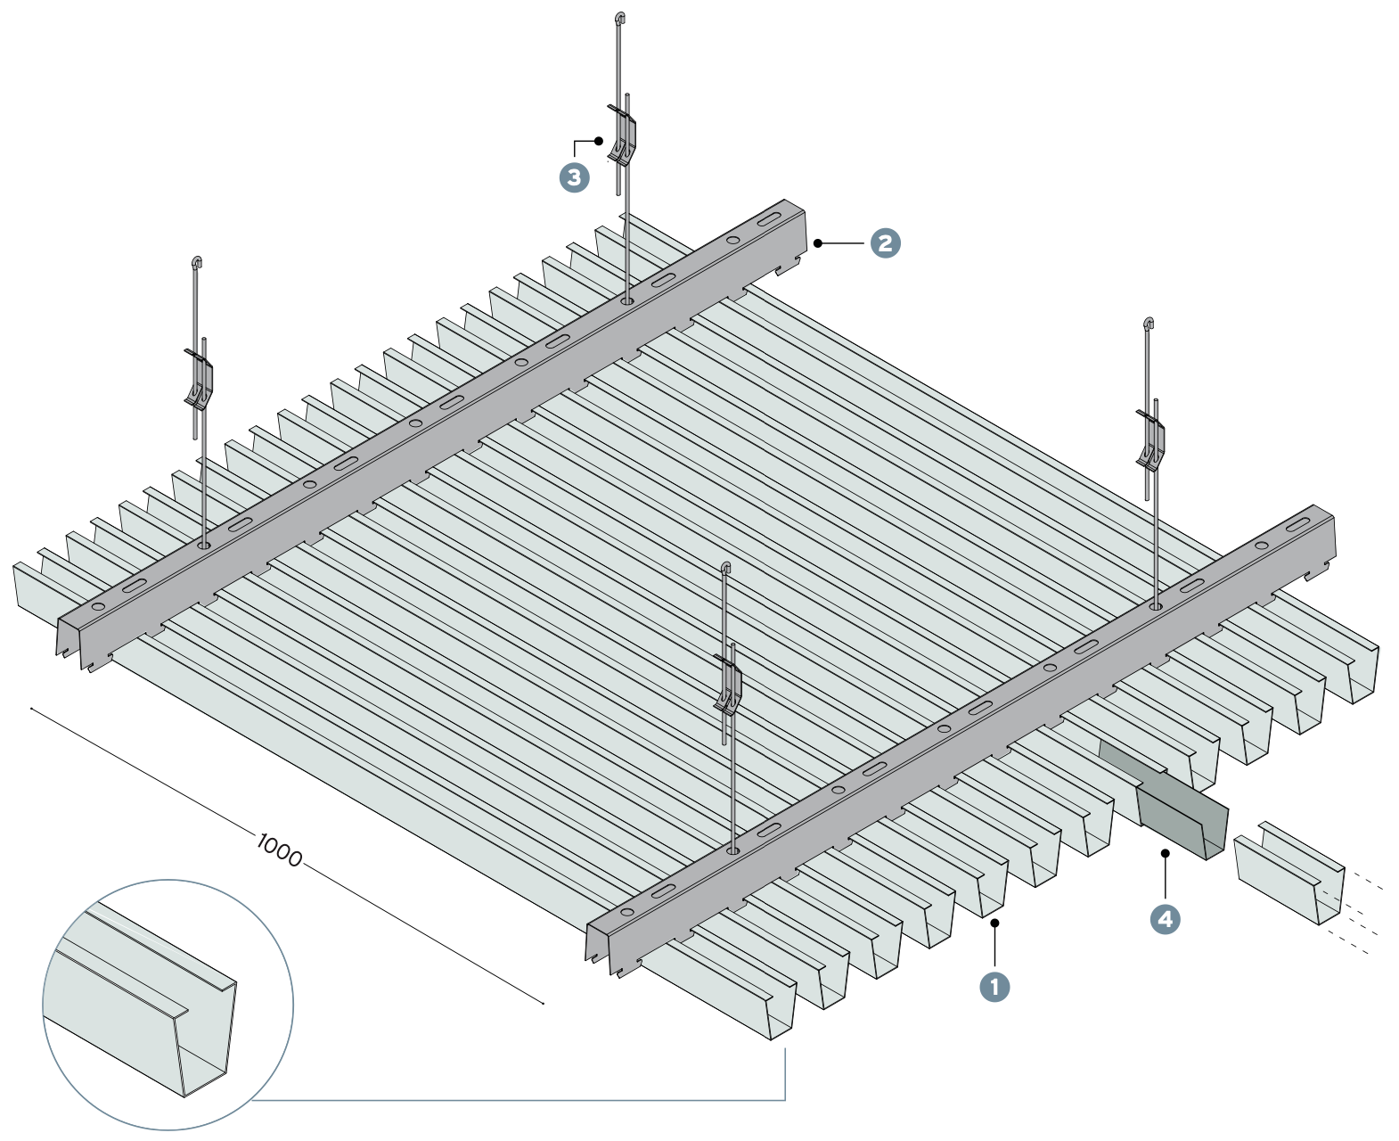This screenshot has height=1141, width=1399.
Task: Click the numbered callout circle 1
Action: [994, 987]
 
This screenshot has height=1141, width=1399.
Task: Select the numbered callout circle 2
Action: [885, 242]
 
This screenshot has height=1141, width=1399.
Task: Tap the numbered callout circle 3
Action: [574, 176]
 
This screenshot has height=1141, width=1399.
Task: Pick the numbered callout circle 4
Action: [1166, 918]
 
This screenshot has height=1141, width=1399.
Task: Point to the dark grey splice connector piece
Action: [1181, 816]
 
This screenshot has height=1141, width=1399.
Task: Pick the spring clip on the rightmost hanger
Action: [1151, 440]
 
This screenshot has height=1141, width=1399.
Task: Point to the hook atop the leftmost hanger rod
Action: [197, 262]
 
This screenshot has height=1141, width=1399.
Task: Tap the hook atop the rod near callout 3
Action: [620, 17]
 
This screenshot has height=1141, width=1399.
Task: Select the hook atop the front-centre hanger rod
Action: [726, 567]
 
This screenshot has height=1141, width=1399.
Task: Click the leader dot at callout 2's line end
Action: [817, 242]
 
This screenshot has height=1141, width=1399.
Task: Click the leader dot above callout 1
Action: [994, 923]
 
